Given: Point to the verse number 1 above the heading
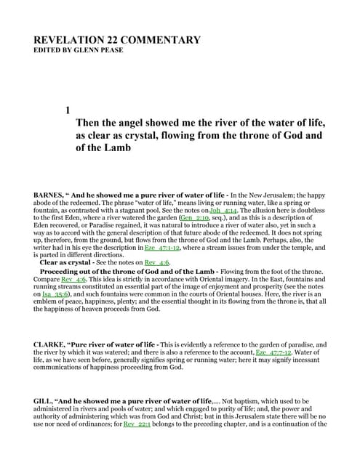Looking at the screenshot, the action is [68, 110].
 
